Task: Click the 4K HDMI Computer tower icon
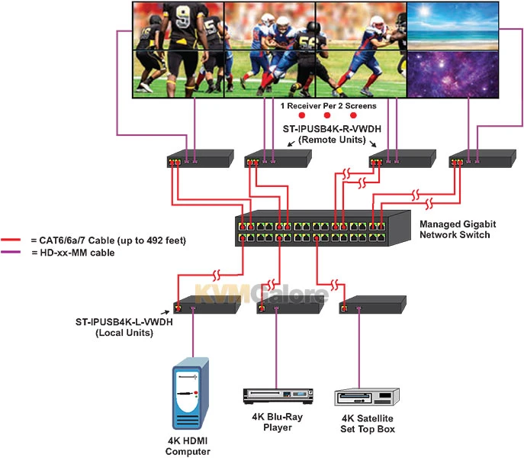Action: [188, 397]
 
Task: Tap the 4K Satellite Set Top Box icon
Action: [367, 398]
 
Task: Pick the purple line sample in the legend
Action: [11, 253]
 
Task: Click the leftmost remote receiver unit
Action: [200, 161]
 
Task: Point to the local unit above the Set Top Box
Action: [371, 307]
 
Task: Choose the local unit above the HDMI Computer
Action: [206, 307]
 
